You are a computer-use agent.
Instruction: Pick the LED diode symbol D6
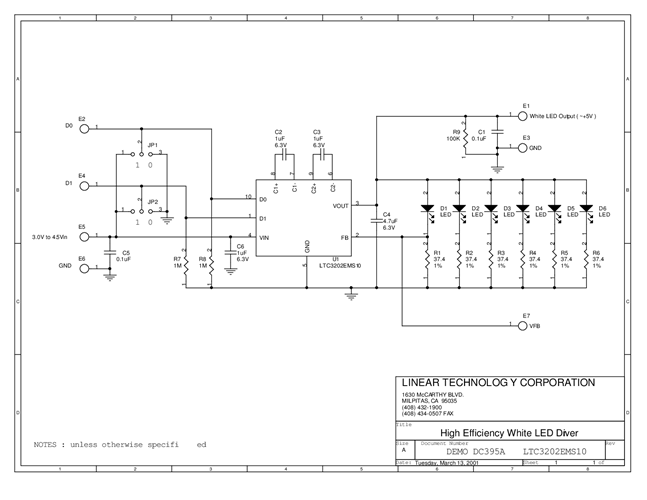[x=586, y=210]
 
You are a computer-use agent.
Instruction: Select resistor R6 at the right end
[x=586, y=259]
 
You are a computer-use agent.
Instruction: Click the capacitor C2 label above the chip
[x=279, y=132]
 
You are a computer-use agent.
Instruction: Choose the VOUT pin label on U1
[x=341, y=204]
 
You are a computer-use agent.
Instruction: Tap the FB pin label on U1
[x=345, y=237]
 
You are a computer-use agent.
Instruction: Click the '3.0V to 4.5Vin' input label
[x=50, y=238]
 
